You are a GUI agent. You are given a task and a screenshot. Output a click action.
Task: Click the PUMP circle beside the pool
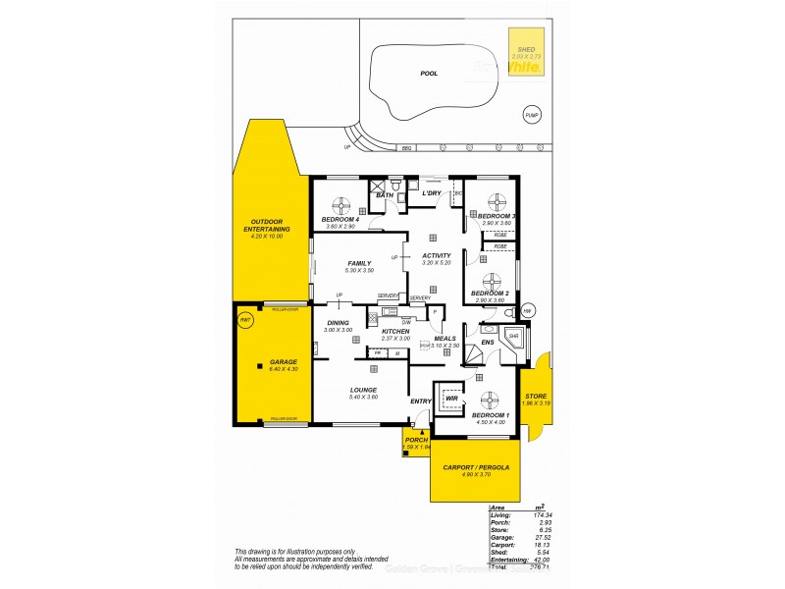click(x=531, y=115)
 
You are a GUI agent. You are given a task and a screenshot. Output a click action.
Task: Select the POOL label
click(x=428, y=73)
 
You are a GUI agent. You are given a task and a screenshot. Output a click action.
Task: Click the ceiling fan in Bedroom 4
click(x=341, y=205)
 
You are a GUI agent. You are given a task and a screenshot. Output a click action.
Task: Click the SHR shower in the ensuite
click(x=513, y=337)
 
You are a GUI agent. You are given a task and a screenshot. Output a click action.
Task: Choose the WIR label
click(x=451, y=399)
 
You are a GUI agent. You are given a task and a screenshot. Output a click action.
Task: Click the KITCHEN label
click(x=395, y=332)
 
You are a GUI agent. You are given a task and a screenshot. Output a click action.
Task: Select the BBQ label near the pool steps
click(x=404, y=149)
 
